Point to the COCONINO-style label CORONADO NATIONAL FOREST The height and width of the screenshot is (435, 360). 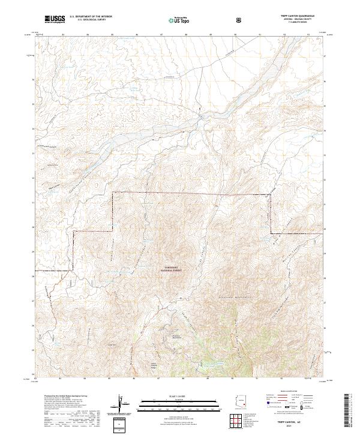point(171,269)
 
